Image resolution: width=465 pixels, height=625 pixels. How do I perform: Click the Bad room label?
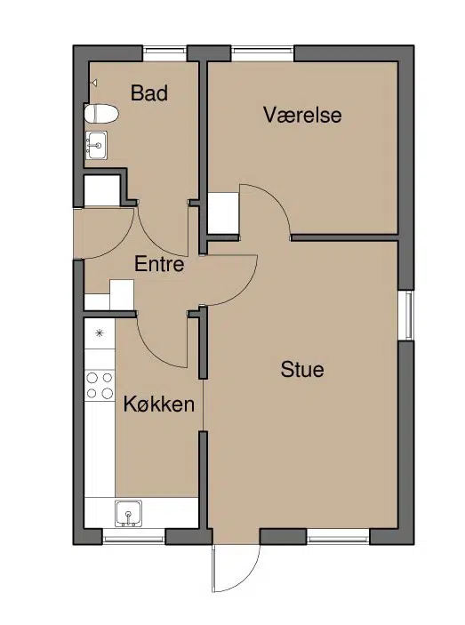tap(149, 92)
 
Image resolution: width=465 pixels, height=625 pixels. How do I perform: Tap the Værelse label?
tap(302, 115)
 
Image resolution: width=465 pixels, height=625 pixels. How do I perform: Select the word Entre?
tap(159, 264)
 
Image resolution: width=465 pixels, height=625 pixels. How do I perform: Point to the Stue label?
tap(302, 369)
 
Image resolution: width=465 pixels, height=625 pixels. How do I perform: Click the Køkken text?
tap(159, 405)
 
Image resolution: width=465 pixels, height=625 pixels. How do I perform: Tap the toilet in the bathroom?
tap(101, 114)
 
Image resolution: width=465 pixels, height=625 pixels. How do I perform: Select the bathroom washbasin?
tap(96, 146)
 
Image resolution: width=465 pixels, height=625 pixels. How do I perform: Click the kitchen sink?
tap(128, 513)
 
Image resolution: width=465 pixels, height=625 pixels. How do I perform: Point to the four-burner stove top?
tap(100, 386)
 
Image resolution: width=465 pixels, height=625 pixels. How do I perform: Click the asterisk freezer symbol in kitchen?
tap(100, 333)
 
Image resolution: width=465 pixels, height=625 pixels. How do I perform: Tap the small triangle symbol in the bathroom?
tap(94, 83)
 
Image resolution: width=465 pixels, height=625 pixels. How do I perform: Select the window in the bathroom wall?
tap(164, 54)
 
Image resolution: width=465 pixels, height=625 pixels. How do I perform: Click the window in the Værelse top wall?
tap(262, 54)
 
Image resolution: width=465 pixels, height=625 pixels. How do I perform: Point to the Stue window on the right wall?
tap(406, 315)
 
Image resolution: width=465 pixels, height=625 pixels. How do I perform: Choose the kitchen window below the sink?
tap(133, 537)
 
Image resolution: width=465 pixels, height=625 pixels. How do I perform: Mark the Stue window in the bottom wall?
tap(338, 537)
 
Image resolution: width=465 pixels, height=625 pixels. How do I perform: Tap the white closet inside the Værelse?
tap(223, 213)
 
